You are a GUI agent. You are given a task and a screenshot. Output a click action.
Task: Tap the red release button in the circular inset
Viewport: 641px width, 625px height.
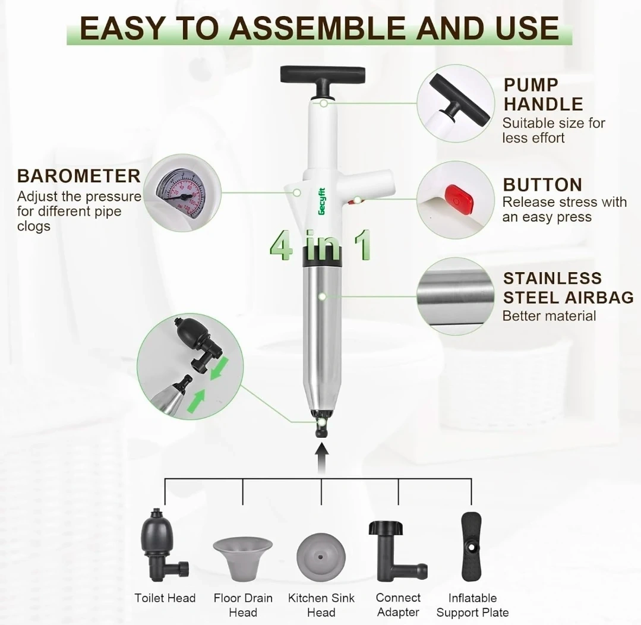pos(460,200)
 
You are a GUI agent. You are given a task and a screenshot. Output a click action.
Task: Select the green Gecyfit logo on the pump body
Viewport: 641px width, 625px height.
pos(322,201)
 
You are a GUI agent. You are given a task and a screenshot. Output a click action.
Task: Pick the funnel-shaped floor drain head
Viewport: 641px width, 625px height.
pos(243,559)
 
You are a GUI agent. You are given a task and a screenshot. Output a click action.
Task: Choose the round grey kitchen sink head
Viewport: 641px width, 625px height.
pos(321,557)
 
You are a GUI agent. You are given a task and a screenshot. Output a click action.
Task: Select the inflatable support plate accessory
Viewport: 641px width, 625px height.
pos(471,547)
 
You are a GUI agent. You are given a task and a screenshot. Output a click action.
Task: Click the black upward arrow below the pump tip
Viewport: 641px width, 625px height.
pos(323,459)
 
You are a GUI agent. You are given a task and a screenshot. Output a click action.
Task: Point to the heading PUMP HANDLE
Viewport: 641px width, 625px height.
pos(544,94)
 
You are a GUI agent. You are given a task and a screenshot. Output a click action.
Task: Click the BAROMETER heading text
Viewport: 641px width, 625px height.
pos(79,176)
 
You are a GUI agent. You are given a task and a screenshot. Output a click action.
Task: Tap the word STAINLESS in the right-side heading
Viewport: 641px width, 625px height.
pos(552,279)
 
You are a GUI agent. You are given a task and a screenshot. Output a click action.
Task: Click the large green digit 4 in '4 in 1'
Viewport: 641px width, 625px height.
pos(282,245)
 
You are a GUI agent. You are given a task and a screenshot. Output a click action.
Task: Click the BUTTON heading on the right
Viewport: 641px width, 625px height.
pos(542,185)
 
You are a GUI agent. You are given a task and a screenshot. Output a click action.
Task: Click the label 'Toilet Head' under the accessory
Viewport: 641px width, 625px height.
pos(165,598)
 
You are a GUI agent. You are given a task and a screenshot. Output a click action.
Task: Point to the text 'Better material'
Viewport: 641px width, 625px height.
pos(549,316)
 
